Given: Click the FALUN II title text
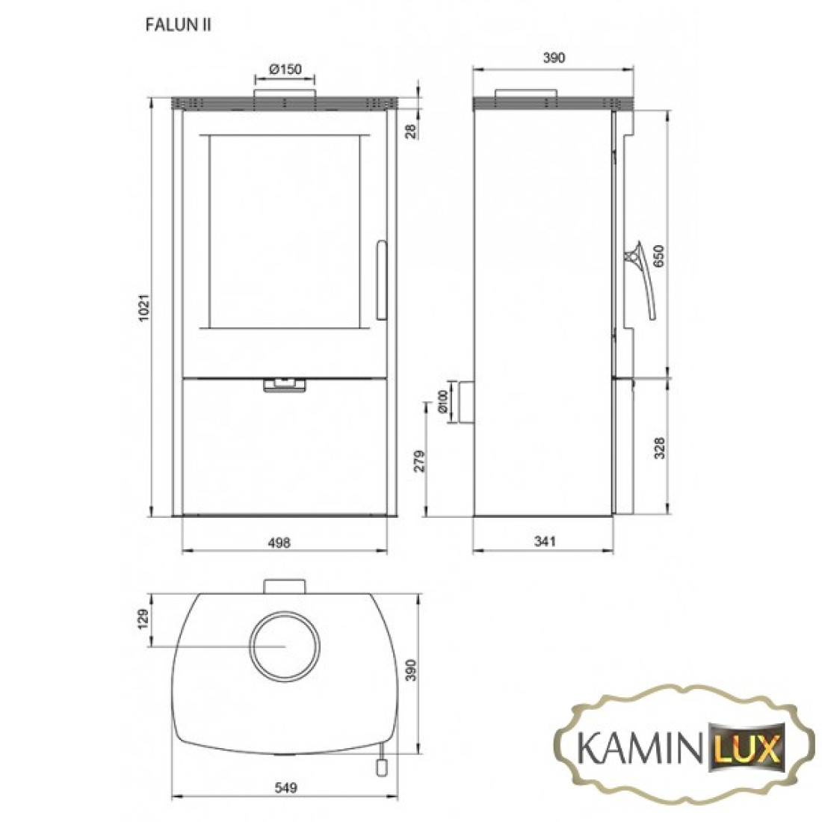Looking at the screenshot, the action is coord(179,25).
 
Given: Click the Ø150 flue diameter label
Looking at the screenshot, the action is coord(285,69).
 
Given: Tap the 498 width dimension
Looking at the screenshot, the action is coord(279,542).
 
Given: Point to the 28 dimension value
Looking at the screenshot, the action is coord(411,131).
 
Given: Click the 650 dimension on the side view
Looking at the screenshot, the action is coord(658,256).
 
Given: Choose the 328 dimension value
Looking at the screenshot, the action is coord(659,448).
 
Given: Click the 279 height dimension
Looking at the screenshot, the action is coord(419,461).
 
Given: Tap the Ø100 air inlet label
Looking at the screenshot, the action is coord(443,401).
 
